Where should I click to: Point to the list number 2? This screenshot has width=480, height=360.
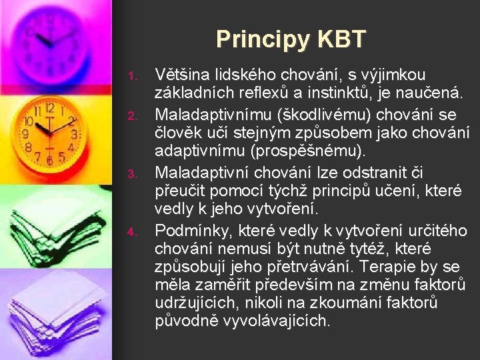[132, 117]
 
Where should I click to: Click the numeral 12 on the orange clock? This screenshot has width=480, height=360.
[49, 109]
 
